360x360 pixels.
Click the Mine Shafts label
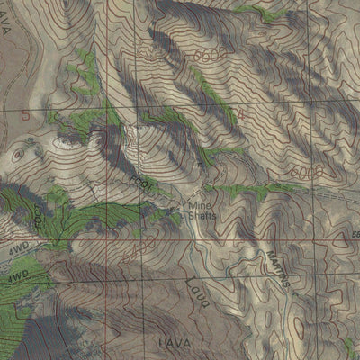pyautogui.click(x=202, y=210)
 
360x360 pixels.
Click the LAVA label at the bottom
pyautogui.click(x=169, y=343)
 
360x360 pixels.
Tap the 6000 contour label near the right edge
pyautogui.click(x=309, y=170)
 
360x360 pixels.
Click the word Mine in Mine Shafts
pyautogui.click(x=197, y=205)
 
